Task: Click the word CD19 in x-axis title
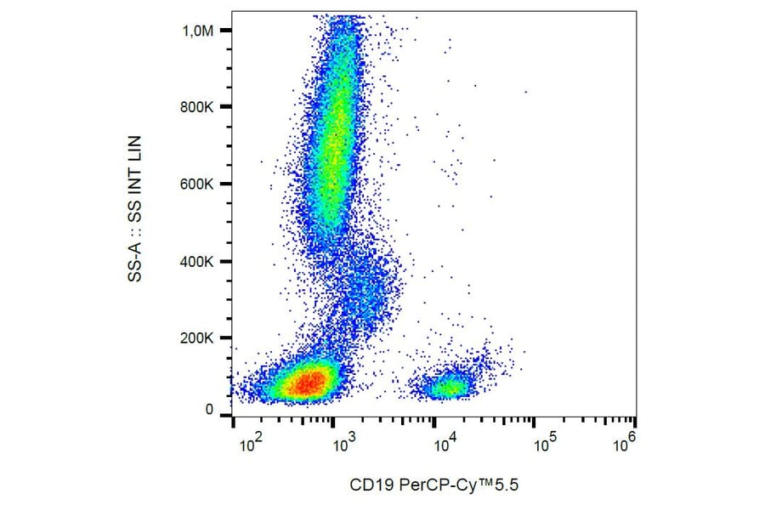[368, 485]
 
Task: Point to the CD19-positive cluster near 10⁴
[448, 387]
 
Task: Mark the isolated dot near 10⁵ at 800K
[525, 92]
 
